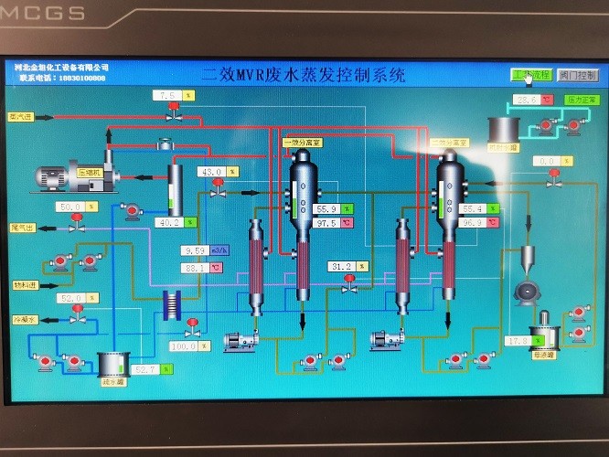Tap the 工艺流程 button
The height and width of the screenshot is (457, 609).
click(x=530, y=75)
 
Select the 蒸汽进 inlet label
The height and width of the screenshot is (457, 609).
click(x=20, y=117)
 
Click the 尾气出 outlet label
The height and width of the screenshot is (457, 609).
click(x=21, y=228)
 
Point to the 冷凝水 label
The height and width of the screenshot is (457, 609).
click(x=22, y=321)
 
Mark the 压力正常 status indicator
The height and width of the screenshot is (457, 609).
click(x=581, y=100)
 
